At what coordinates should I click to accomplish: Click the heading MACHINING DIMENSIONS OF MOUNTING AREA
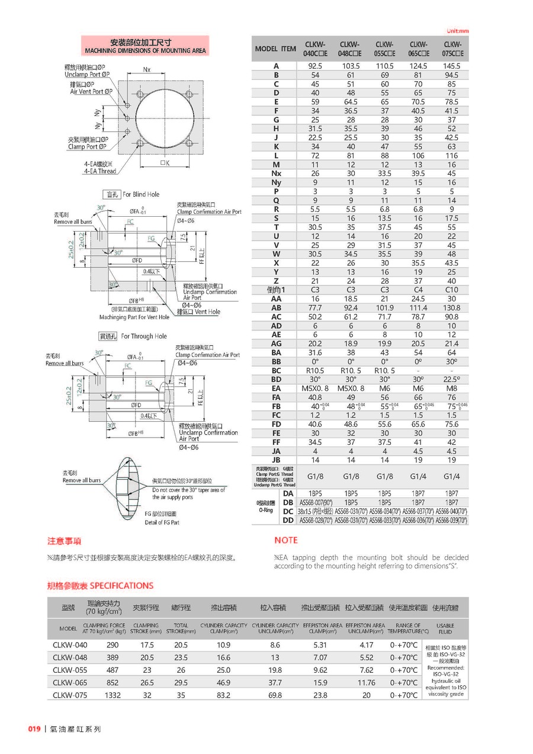tap(145, 51)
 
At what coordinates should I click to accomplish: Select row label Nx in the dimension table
tap(276, 174)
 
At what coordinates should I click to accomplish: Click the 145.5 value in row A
tap(452, 66)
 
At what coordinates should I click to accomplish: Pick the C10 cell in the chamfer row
tap(452, 290)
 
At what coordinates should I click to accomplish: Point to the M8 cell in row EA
tap(452, 389)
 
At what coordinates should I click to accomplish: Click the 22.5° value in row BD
tap(452, 380)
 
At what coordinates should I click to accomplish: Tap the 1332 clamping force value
tap(113, 695)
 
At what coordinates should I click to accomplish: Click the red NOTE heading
tap(286, 540)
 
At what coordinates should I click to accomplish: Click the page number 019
tap(34, 729)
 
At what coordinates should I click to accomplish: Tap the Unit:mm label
tap(457, 31)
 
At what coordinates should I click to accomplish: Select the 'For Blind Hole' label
tap(141, 194)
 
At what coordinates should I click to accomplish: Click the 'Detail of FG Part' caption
tap(162, 522)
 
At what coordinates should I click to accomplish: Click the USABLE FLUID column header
tap(445, 628)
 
